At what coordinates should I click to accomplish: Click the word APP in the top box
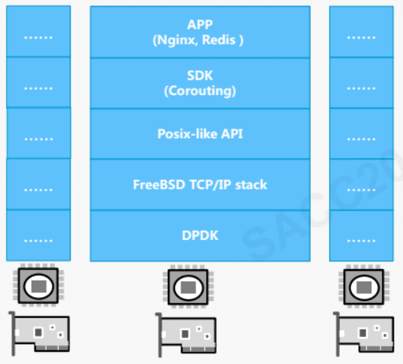point(200,24)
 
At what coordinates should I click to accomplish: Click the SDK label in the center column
point(200,76)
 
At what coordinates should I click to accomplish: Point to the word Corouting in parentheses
point(200,91)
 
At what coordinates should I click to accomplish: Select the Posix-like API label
point(200,134)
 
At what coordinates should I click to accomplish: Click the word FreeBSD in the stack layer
point(159,184)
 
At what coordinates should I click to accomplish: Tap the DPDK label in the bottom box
point(200,235)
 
